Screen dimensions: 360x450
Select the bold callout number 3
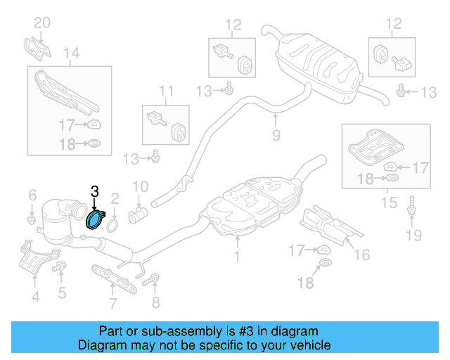coord(94,191)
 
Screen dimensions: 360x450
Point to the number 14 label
coord(71,53)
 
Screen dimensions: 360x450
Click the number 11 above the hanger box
coord(165,91)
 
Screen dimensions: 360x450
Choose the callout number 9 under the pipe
coord(276,134)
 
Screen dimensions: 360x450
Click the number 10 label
coord(141,187)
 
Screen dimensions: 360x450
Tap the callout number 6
coord(32,195)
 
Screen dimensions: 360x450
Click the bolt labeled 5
coord(60,266)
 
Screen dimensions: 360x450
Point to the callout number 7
coord(112,304)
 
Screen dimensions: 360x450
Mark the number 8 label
coord(155,302)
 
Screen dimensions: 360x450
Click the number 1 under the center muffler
coord(237,258)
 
